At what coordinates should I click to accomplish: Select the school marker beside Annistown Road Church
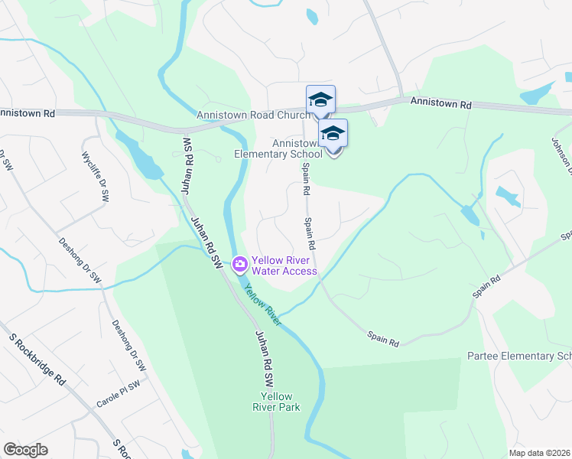click(x=321, y=100)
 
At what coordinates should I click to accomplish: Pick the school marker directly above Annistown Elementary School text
click(x=333, y=134)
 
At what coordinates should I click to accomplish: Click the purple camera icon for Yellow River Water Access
click(x=240, y=265)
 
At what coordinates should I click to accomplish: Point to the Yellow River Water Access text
click(x=284, y=265)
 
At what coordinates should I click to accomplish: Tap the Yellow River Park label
click(x=276, y=402)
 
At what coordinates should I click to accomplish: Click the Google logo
click(x=26, y=450)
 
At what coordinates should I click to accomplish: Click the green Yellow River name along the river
click(x=263, y=304)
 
